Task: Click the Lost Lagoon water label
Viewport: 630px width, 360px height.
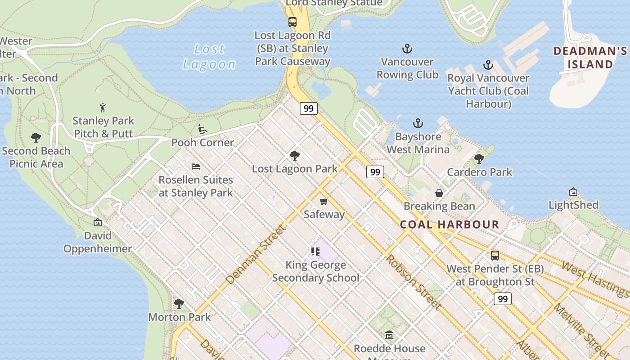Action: pyautogui.click(x=209, y=57)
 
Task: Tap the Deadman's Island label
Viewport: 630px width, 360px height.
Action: pyautogui.click(x=590, y=58)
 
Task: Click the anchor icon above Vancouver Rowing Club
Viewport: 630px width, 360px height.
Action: pyautogui.click(x=407, y=49)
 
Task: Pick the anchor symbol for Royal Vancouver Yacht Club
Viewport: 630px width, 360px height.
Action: pyautogui.click(x=488, y=65)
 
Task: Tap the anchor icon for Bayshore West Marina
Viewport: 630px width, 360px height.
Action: pyautogui.click(x=418, y=123)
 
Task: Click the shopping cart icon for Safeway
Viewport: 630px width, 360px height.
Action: pyautogui.click(x=324, y=201)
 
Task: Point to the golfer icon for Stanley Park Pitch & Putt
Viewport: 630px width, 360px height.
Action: pyautogui.click(x=103, y=108)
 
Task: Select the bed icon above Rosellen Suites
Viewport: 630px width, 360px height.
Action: pyautogui.click(x=196, y=166)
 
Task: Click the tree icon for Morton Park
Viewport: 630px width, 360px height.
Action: pyautogui.click(x=179, y=304)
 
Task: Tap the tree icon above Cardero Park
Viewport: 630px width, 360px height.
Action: pyautogui.click(x=479, y=159)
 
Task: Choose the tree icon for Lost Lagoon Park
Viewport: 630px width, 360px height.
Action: pyautogui.click(x=295, y=156)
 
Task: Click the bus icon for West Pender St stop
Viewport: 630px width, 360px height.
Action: pyautogui.click(x=495, y=256)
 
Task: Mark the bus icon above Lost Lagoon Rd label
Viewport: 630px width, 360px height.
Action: pyautogui.click(x=292, y=22)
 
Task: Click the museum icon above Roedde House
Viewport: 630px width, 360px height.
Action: pyautogui.click(x=389, y=335)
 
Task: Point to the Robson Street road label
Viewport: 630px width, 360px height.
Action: pyautogui.click(x=413, y=282)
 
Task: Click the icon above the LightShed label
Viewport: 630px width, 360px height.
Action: pyautogui.click(x=573, y=192)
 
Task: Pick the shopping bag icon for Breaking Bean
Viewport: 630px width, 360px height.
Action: pyautogui.click(x=439, y=193)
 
